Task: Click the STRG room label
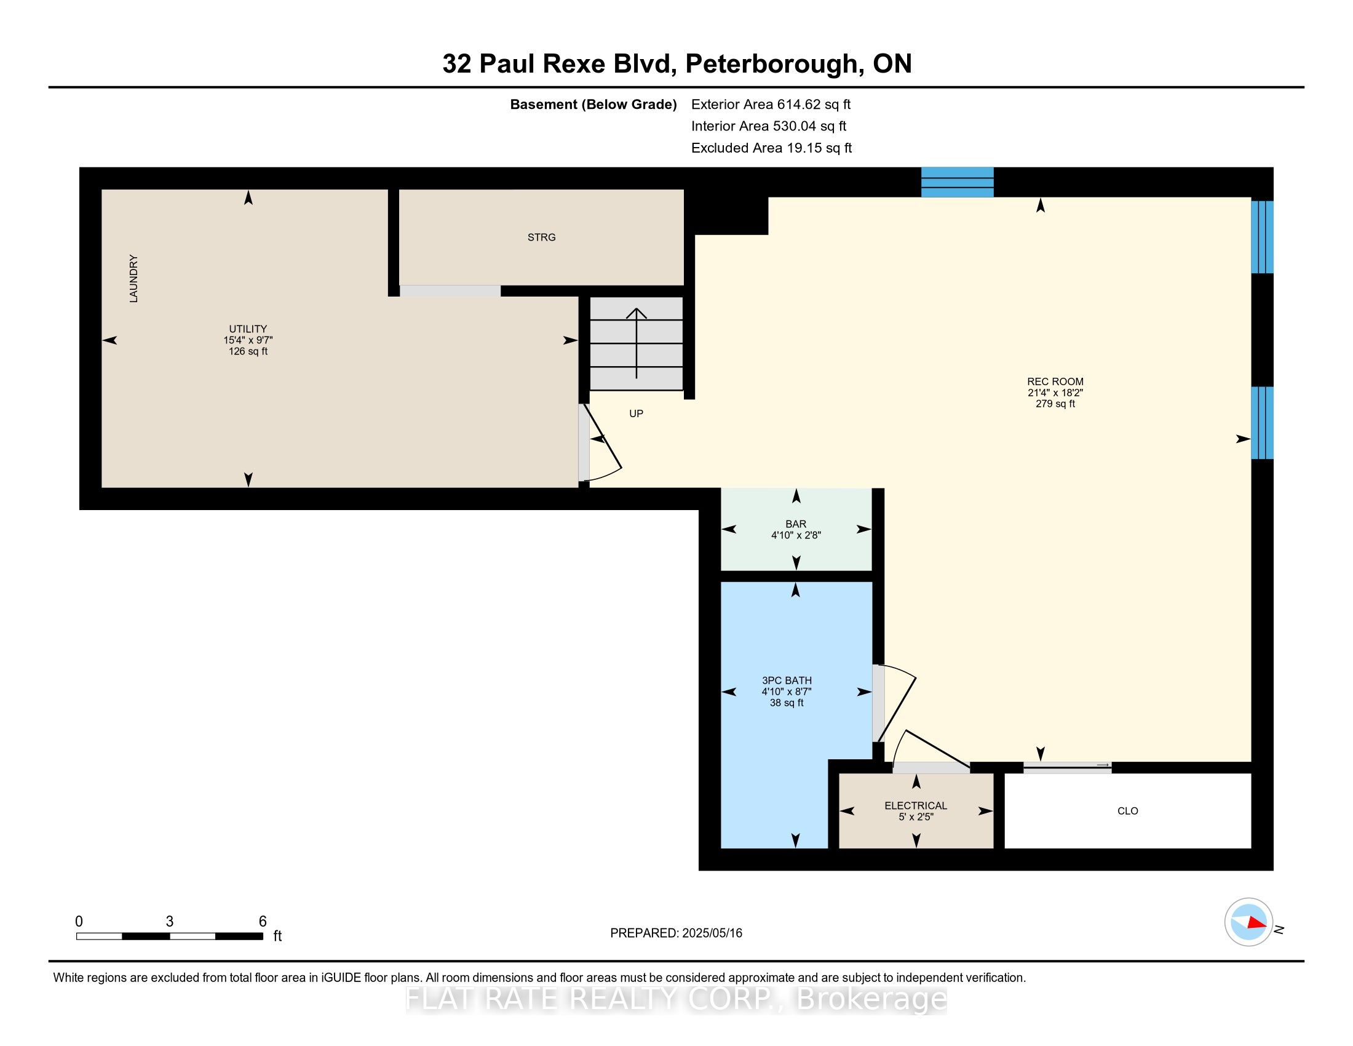[x=541, y=238]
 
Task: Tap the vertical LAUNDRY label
[x=133, y=278]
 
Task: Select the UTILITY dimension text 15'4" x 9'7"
[x=248, y=340]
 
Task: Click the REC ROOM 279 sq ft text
[x=1055, y=404]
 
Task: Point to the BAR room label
[x=795, y=524]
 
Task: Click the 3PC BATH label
[x=786, y=681]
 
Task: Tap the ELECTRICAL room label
[x=915, y=805]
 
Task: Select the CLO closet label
[x=1127, y=811]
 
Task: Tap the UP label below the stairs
[x=637, y=414]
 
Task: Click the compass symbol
[x=1248, y=922]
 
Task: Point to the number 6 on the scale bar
[x=263, y=922]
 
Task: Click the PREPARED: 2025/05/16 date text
[x=676, y=933]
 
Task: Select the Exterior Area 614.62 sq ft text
[x=771, y=105]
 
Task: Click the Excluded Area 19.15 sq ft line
[x=771, y=148]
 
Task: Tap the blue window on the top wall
[x=957, y=182]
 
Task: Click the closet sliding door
[x=1067, y=767]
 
